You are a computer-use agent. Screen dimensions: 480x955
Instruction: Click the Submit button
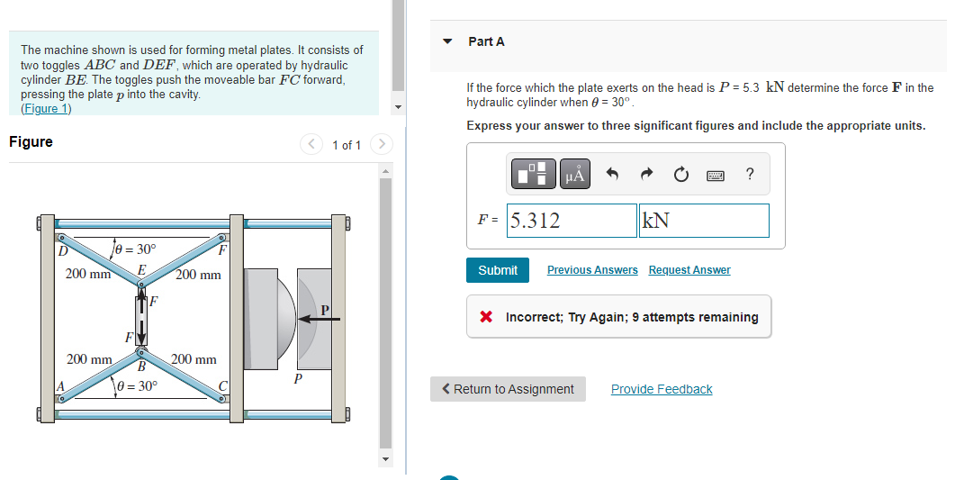498,270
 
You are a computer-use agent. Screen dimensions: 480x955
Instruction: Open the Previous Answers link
592,270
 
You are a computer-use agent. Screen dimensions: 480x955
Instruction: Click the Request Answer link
689,270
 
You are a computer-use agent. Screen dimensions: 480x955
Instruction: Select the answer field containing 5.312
572,221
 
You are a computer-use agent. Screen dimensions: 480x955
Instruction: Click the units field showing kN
704,221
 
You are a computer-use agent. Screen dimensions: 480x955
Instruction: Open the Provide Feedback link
662,389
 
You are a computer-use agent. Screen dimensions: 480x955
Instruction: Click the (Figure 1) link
46,109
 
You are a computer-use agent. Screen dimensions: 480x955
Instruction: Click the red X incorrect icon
486,317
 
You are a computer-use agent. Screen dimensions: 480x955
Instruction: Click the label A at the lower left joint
60,385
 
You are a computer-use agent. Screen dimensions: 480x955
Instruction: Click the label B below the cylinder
140,366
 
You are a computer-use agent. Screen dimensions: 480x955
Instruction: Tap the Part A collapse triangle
448,41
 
